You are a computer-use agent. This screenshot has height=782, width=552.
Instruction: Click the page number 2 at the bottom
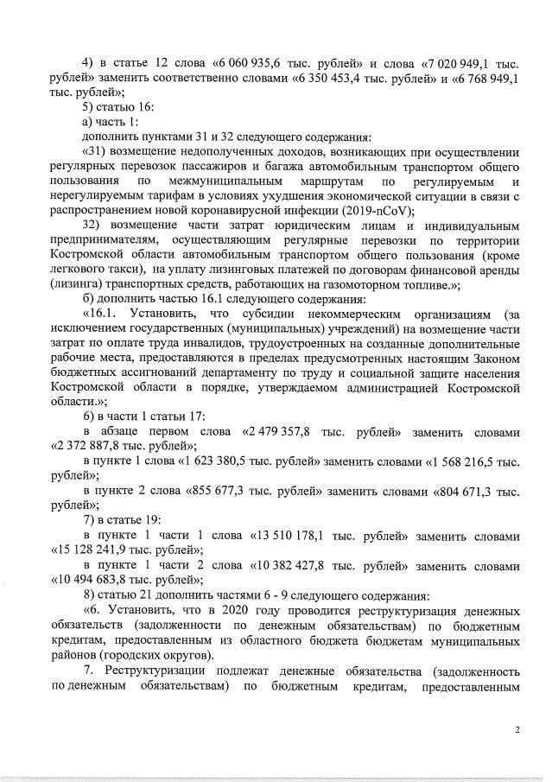517,731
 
